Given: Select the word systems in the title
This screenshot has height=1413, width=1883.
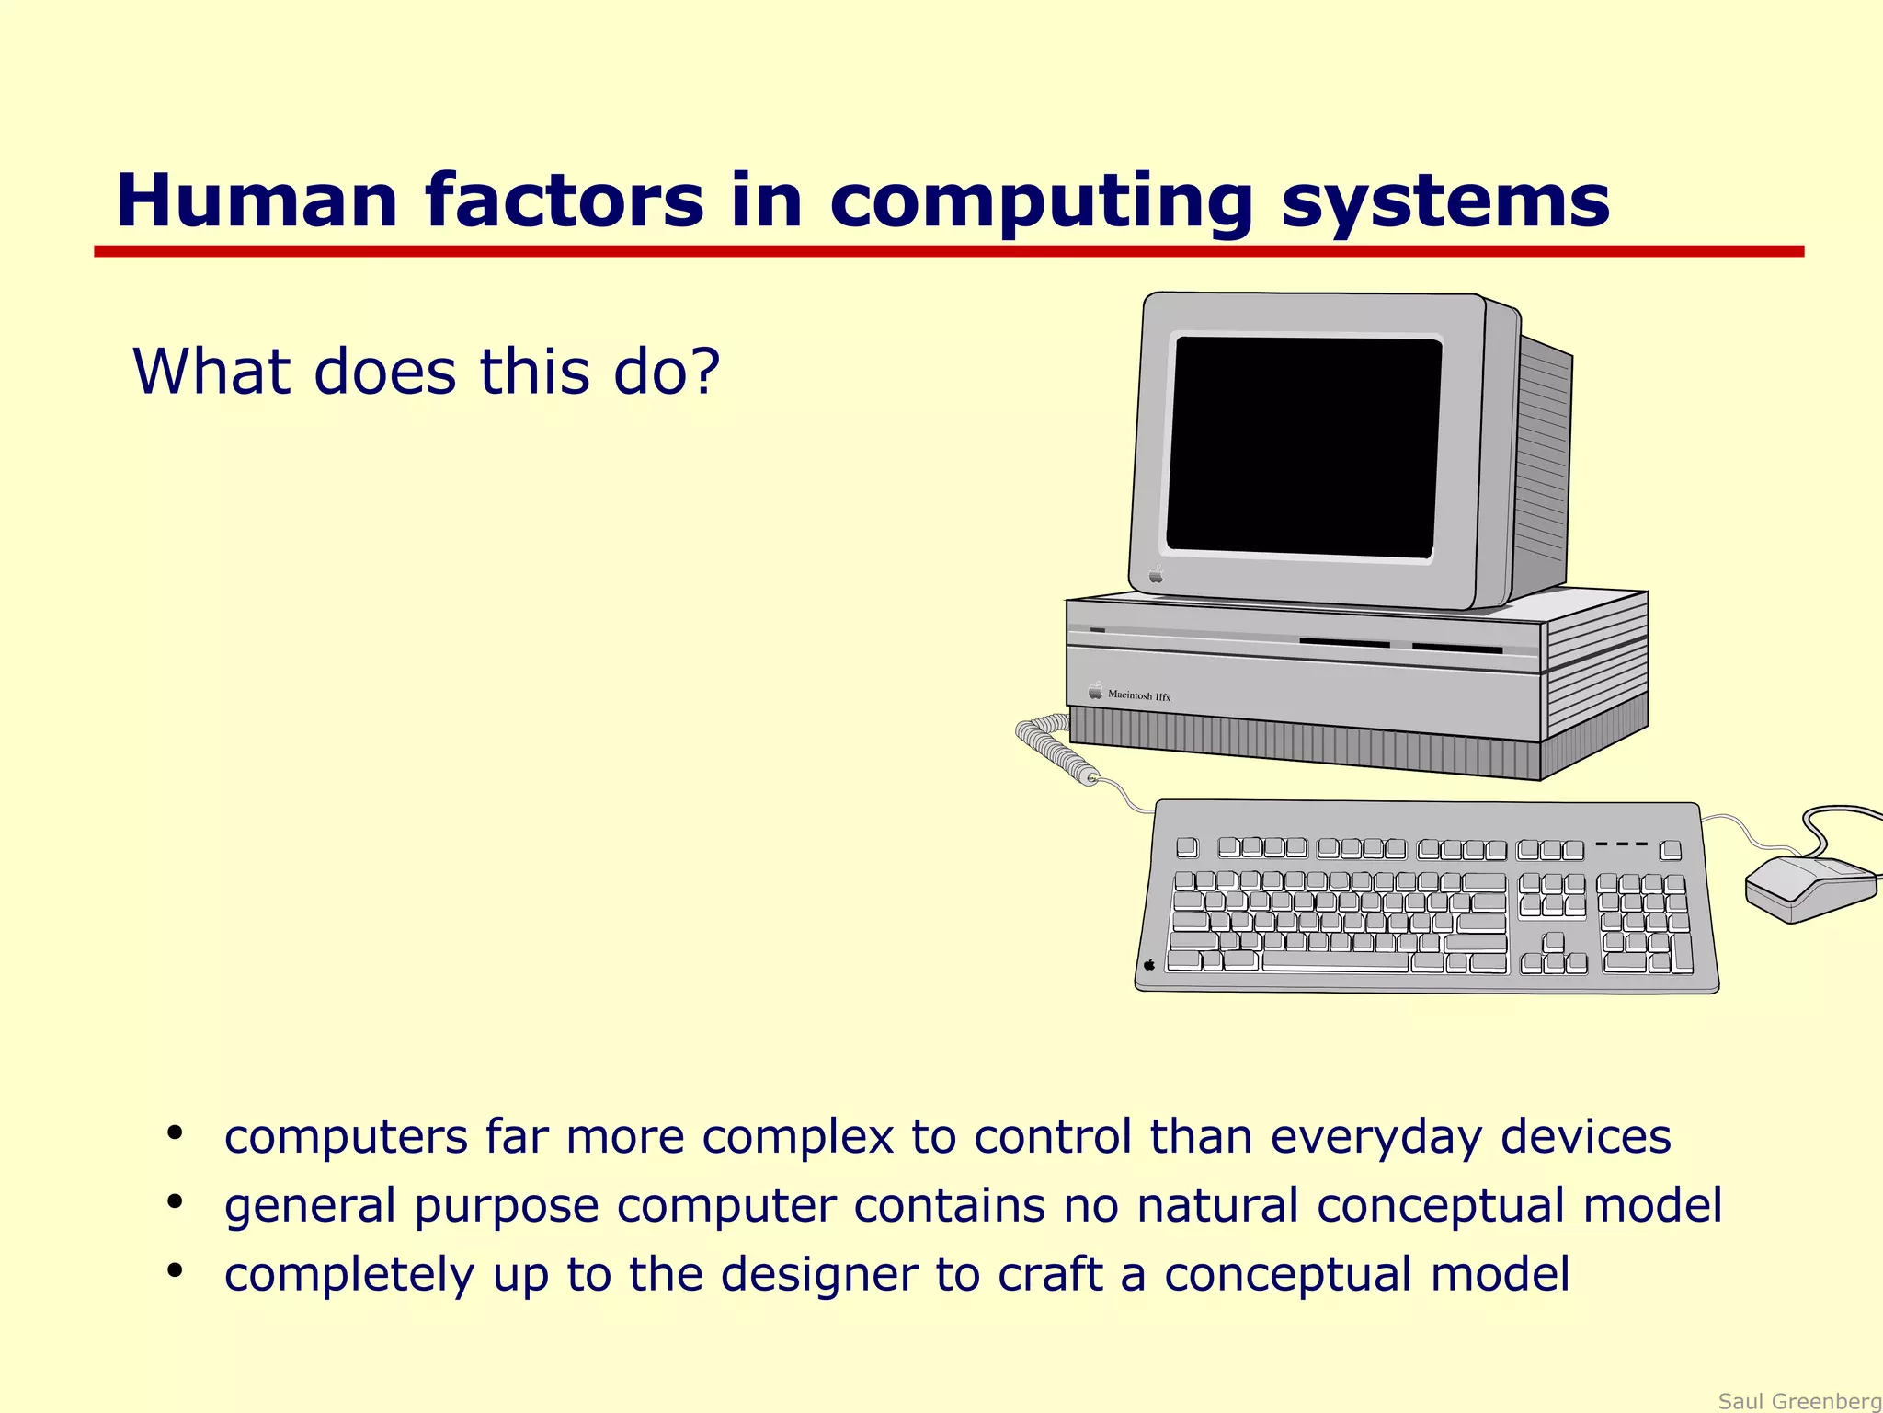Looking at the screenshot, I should click(x=1444, y=202).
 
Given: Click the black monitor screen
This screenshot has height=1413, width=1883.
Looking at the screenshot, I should click(x=1303, y=447).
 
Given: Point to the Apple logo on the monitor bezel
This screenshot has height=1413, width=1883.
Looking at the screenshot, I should click(x=1157, y=576).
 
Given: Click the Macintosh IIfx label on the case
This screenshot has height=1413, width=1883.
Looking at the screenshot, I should click(x=1137, y=695).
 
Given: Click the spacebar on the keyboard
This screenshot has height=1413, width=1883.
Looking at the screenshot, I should click(x=1335, y=962).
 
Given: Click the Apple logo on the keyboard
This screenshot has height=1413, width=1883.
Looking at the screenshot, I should click(x=1149, y=965).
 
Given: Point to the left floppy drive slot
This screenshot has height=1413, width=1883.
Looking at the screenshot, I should click(x=1343, y=643).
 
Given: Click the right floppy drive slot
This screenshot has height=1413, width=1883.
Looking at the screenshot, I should click(x=1456, y=649).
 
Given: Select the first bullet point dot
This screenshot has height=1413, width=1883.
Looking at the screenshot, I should click(x=175, y=1132).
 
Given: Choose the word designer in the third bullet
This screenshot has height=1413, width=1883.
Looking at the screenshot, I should click(x=818, y=1274).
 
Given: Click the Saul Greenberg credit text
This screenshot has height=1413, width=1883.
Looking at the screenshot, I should click(x=1798, y=1401).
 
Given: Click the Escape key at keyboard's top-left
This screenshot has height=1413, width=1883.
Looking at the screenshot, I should click(x=1187, y=847).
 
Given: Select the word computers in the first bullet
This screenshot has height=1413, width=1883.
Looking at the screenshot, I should click(x=346, y=1137).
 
